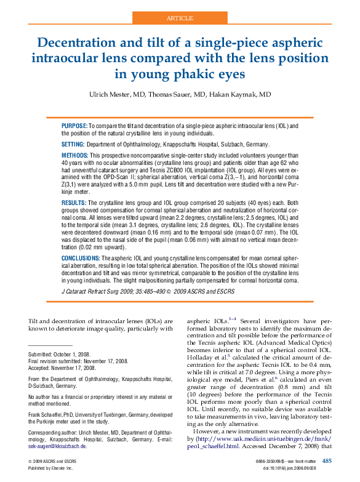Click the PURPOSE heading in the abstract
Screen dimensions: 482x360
click(x=74, y=126)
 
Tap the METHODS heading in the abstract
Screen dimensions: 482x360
click(x=75, y=155)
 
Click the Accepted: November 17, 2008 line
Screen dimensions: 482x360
click(x=65, y=368)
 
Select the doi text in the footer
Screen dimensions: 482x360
click(x=298, y=468)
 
